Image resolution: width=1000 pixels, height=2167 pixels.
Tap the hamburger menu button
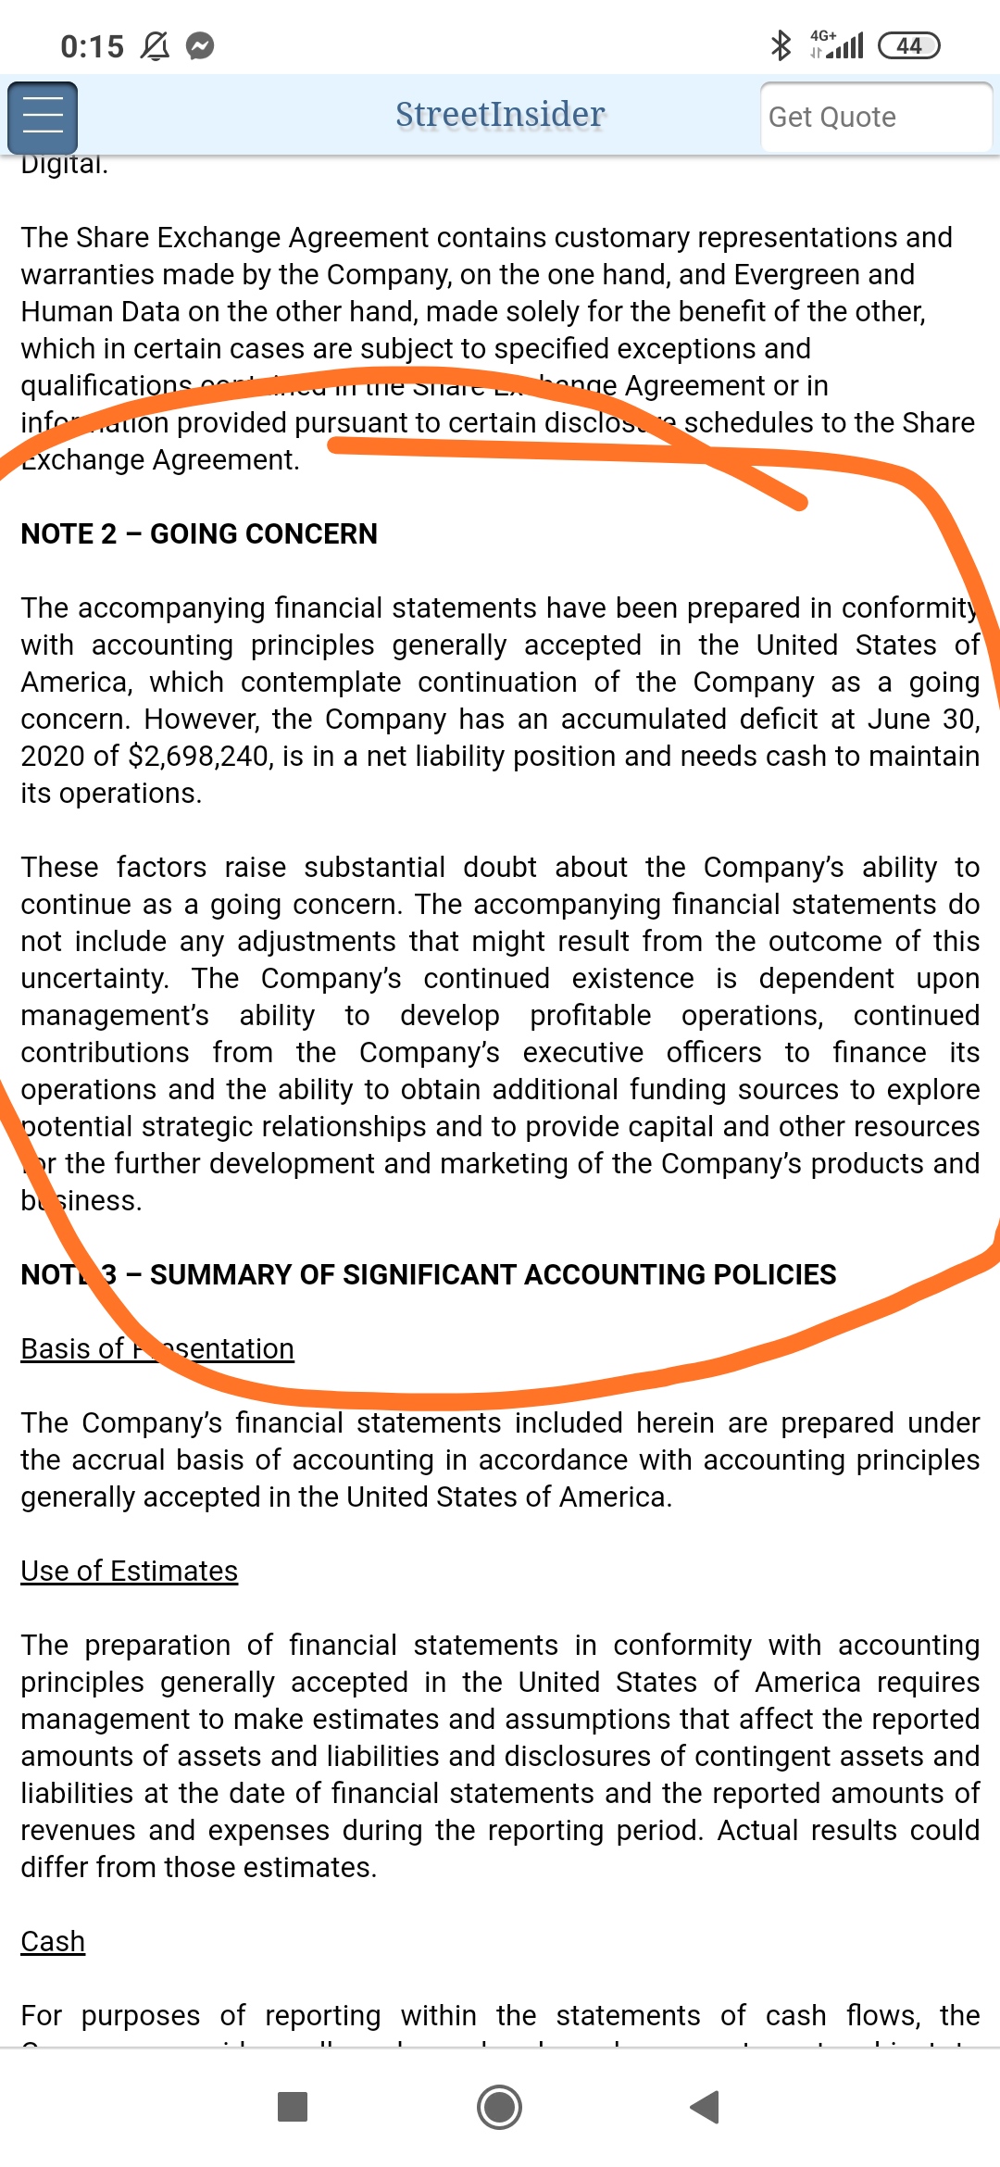[x=43, y=118]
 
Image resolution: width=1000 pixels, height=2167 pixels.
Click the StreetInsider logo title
[x=500, y=115]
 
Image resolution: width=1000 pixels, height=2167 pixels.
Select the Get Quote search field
[x=875, y=118]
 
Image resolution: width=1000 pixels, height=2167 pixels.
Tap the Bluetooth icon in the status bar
[x=781, y=45]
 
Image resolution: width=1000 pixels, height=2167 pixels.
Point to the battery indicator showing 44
[x=908, y=45]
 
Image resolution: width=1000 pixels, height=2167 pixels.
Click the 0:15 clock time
[x=92, y=46]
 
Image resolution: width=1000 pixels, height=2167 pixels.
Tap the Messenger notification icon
[x=200, y=45]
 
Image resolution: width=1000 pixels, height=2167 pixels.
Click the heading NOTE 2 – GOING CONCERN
[x=199, y=534]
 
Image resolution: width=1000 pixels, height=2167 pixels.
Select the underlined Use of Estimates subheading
[x=130, y=1572]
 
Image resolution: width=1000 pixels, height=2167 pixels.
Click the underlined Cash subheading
[x=53, y=1942]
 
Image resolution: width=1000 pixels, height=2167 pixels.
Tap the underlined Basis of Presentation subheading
[x=157, y=1349]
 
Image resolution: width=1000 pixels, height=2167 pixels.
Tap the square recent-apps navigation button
[x=293, y=2107]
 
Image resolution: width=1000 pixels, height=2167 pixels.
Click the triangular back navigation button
[x=706, y=2107]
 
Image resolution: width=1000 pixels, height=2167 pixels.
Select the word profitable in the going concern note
[x=591, y=1016]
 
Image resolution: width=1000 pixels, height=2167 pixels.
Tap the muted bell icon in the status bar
[x=155, y=45]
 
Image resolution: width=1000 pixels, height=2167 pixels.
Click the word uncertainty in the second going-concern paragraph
[x=94, y=979]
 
